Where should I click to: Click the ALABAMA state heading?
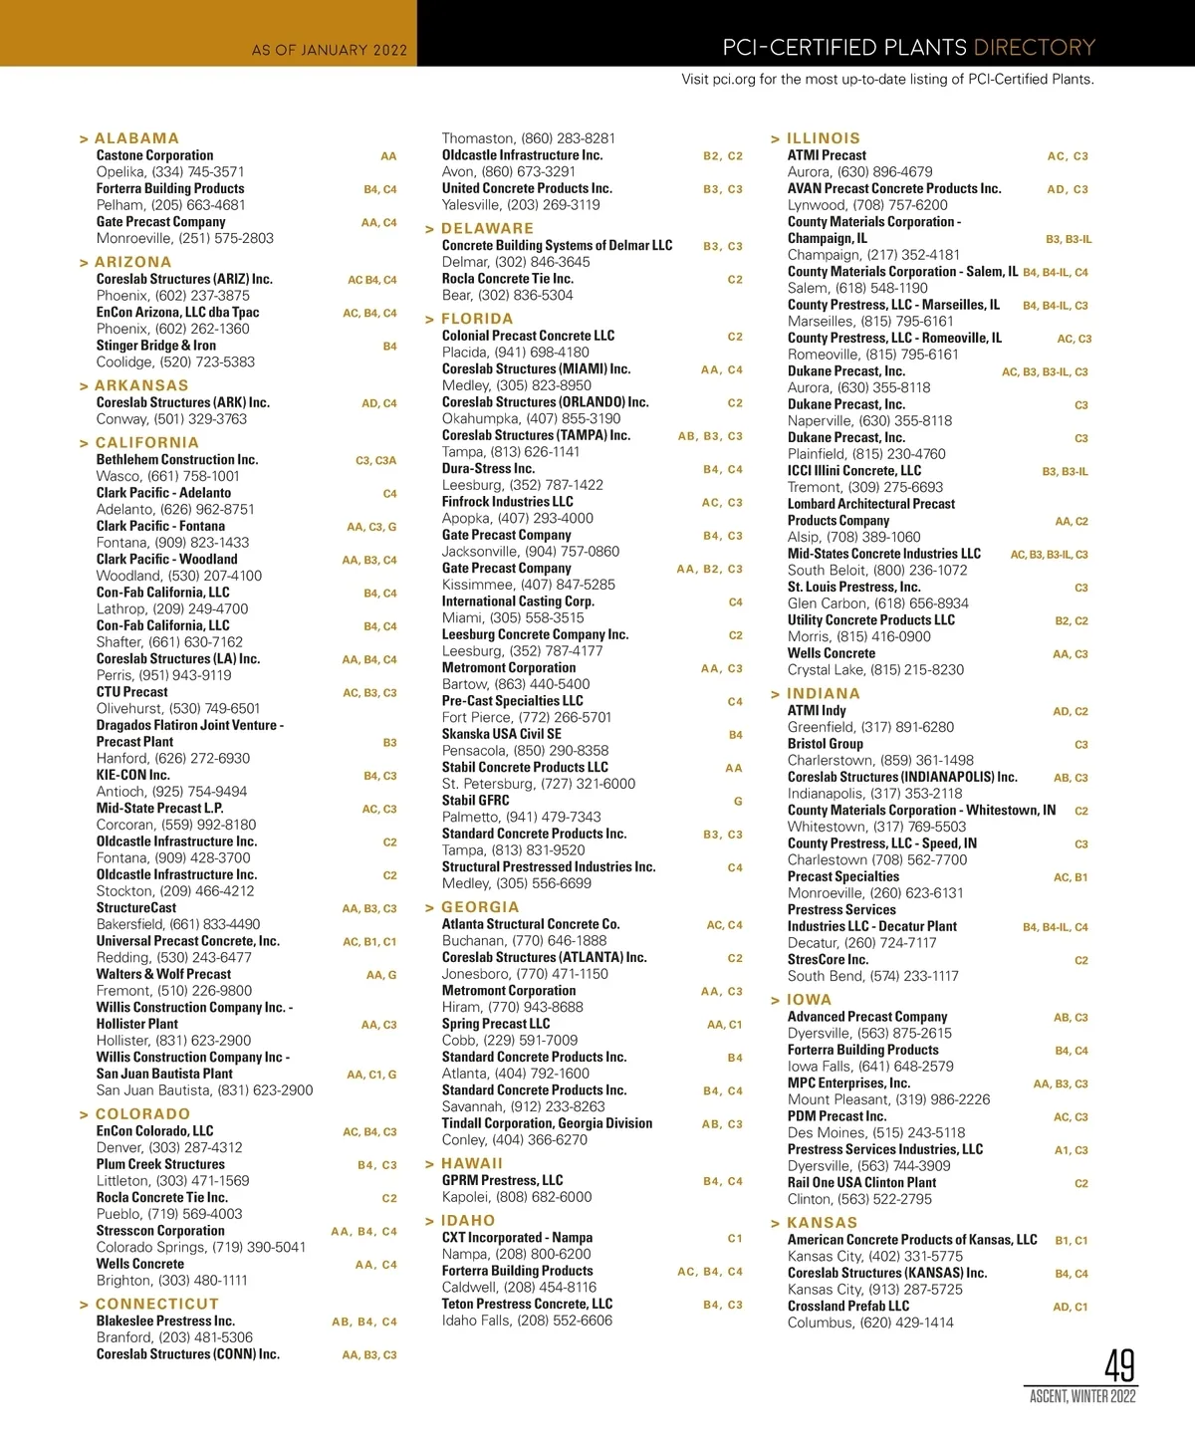pos(136,138)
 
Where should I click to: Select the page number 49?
pos(1119,1365)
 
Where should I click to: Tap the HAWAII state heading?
pos(471,1163)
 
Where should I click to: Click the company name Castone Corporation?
pos(154,155)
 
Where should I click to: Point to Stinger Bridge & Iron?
pos(155,346)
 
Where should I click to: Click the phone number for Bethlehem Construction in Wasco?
pos(168,476)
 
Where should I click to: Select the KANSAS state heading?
pos(822,1223)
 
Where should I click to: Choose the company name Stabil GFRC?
pos(475,801)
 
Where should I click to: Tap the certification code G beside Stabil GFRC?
pos(738,801)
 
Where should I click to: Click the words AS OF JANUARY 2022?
pos(330,50)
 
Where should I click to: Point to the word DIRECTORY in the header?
pos(1034,47)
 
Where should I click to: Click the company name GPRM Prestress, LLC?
pos(502,1180)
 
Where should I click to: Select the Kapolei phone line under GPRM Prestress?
pos(517,1197)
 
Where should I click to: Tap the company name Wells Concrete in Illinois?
pos(832,653)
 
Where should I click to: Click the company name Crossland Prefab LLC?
pos(848,1306)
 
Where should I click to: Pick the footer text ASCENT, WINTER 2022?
pos(1082,1396)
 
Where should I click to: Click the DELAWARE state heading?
pos(487,228)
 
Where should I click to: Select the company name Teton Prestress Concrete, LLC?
pos(527,1304)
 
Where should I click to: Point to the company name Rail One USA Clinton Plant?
pos(861,1182)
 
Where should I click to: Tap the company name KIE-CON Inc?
pos(132,775)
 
